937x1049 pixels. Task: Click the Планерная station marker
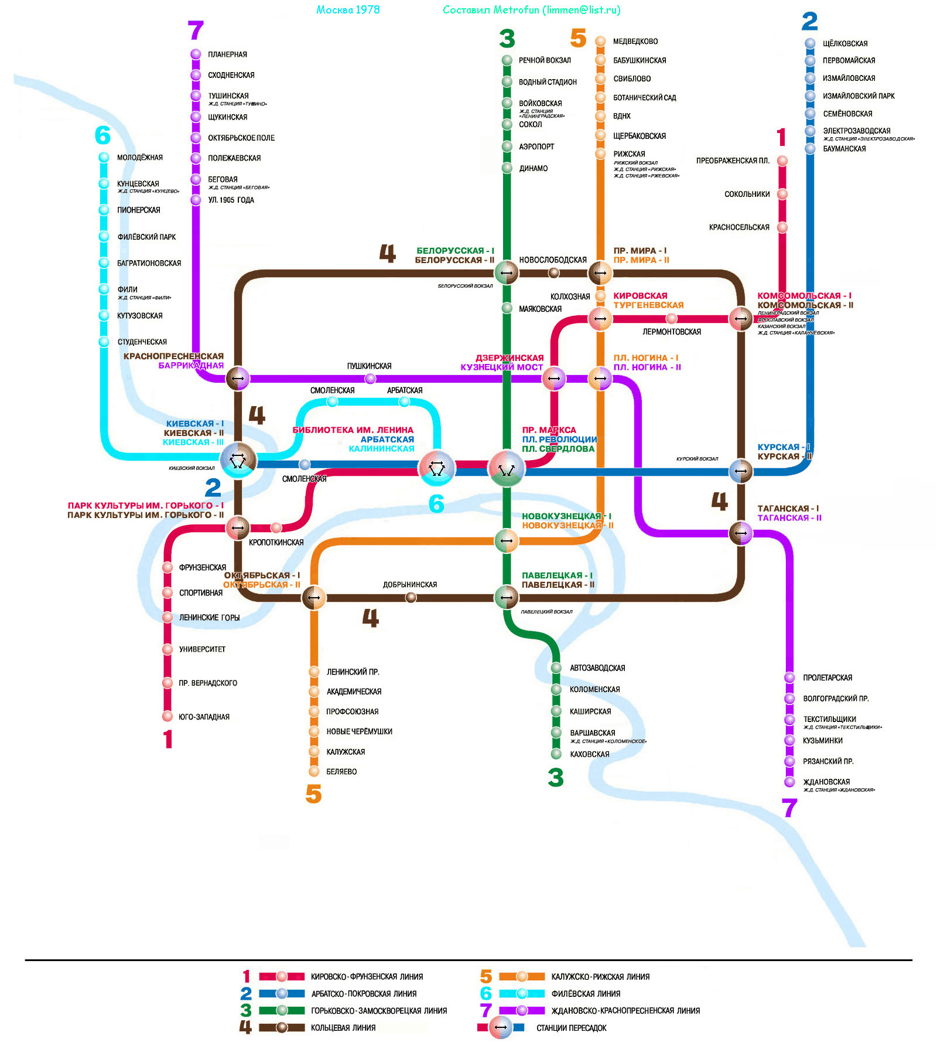[196, 54]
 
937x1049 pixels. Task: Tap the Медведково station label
[635, 42]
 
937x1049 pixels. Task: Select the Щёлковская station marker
[810, 43]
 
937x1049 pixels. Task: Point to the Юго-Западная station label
[204, 717]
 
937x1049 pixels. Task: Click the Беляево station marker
[314, 771]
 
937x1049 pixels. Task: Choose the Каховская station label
[589, 754]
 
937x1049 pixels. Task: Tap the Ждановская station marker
[789, 782]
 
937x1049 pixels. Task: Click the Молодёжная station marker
[104, 157]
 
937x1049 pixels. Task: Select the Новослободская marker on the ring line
[553, 273]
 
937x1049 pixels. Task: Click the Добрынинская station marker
[411, 597]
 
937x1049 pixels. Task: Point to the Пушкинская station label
[369, 366]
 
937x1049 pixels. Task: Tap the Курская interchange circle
[741, 471]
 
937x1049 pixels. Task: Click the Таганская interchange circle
[741, 533]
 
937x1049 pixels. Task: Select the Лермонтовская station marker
[672, 318]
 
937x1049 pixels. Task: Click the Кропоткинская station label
[276, 543]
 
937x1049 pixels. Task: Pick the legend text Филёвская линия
[586, 994]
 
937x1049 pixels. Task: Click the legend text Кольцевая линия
[343, 1028]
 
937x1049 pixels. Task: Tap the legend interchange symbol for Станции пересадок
[501, 1027]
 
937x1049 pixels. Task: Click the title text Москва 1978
[348, 10]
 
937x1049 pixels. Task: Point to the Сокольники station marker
[782, 194]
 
